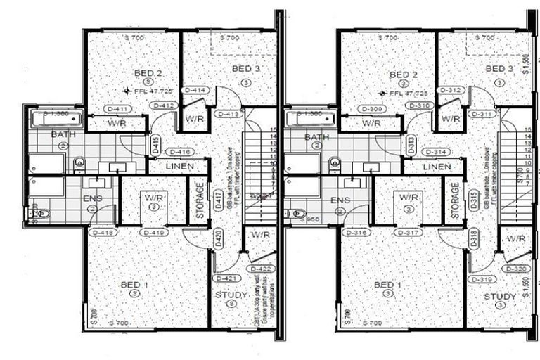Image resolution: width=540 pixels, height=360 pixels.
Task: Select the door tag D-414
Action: click(x=194, y=91)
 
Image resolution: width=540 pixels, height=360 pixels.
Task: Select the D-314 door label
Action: click(x=436, y=152)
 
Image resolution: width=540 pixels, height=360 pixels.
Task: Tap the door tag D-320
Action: click(x=515, y=269)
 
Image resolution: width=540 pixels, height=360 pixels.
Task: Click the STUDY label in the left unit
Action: click(x=230, y=295)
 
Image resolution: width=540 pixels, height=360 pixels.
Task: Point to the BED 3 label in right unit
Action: click(x=499, y=68)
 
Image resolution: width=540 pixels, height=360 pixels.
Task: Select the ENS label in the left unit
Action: click(x=92, y=199)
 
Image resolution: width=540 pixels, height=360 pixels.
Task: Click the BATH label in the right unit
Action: click(x=317, y=137)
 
